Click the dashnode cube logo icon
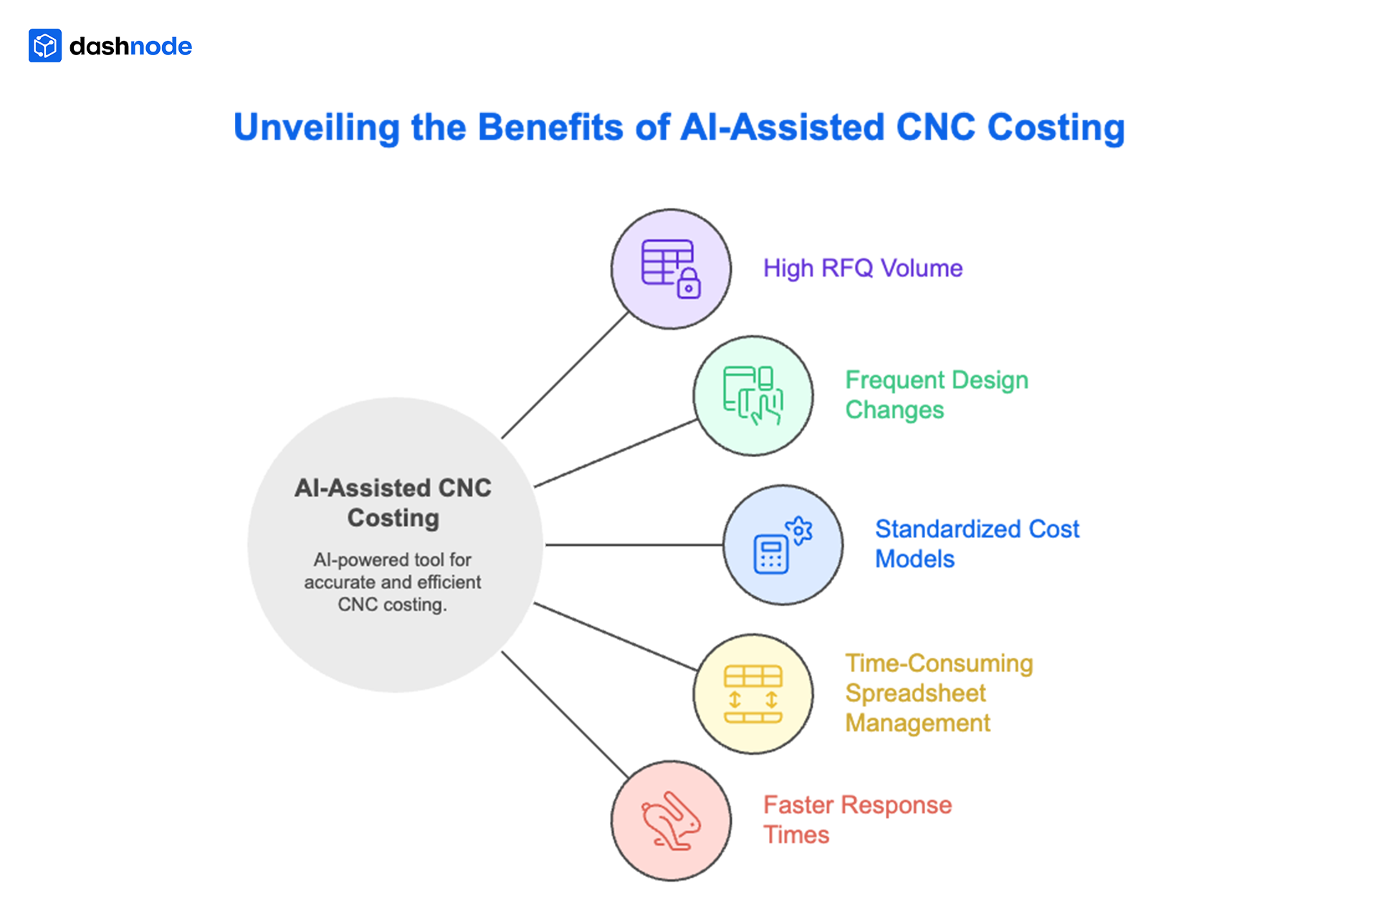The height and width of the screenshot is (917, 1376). pyautogui.click(x=45, y=46)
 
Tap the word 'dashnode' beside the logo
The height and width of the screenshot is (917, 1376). pyautogui.click(x=130, y=47)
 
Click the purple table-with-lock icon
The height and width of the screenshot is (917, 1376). pyautogui.click(x=671, y=269)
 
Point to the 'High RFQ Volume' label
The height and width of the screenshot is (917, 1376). pyautogui.click(x=862, y=268)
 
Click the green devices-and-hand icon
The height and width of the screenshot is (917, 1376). pyautogui.click(x=753, y=395)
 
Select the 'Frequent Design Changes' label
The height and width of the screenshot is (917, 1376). pyautogui.click(x=936, y=395)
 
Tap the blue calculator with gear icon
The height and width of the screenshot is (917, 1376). pyautogui.click(x=783, y=545)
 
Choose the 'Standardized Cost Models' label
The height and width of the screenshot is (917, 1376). pyautogui.click(x=976, y=544)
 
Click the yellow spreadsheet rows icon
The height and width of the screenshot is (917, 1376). pyautogui.click(x=753, y=693)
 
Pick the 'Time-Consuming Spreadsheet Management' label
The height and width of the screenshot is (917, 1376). pyautogui.click(x=939, y=693)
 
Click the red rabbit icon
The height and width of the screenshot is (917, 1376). pyautogui.click(x=671, y=821)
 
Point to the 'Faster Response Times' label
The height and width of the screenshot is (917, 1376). pyautogui.click(x=857, y=820)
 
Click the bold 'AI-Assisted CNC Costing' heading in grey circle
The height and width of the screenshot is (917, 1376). pyautogui.click(x=393, y=502)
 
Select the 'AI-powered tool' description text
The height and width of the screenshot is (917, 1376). pyautogui.click(x=393, y=582)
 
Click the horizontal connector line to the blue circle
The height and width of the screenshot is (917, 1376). pyautogui.click(x=634, y=545)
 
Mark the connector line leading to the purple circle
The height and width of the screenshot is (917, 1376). pyautogui.click(x=565, y=375)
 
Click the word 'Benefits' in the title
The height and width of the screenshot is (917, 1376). pyautogui.click(x=550, y=128)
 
